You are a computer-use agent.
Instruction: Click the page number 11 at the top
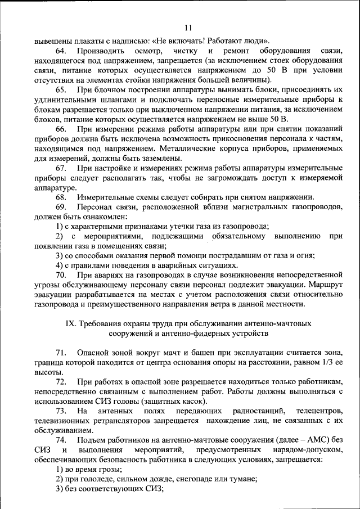click(x=188, y=28)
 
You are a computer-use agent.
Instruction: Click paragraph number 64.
click(x=60, y=51)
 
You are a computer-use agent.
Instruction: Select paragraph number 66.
click(x=60, y=129)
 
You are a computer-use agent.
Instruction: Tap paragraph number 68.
click(x=60, y=197)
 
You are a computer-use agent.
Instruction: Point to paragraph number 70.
click(x=60, y=275)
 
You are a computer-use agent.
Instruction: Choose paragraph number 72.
click(x=60, y=382)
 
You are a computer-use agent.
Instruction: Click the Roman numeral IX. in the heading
click(x=71, y=324)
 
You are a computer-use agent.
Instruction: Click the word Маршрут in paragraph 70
click(x=326, y=285)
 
